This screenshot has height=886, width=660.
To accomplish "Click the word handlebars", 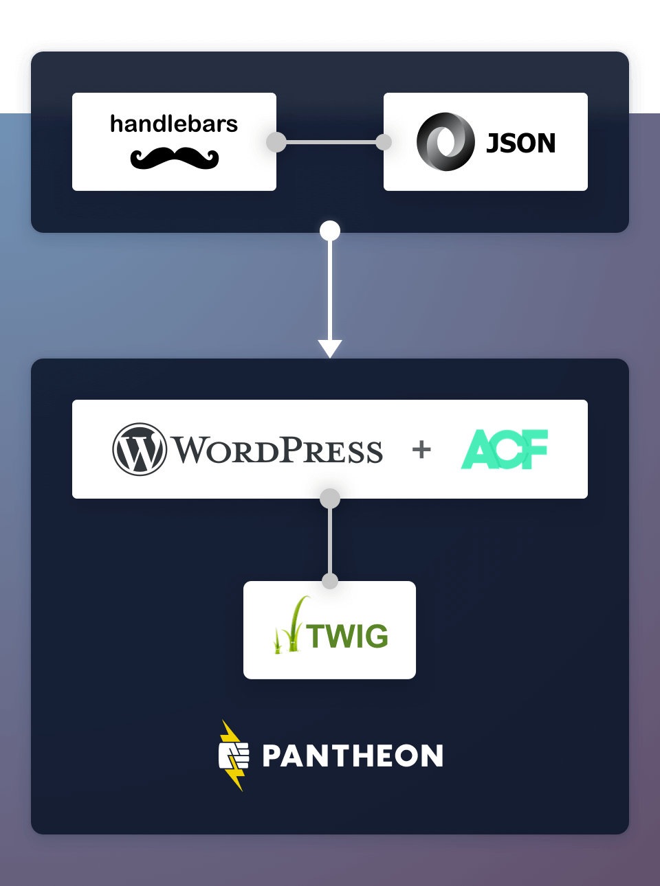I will (x=174, y=124).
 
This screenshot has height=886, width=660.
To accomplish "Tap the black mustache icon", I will (x=175, y=159).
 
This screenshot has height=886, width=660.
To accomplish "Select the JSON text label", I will (x=521, y=143).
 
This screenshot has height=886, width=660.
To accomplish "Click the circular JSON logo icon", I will (x=445, y=141).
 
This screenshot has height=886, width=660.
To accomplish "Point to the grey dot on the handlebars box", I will (x=276, y=142).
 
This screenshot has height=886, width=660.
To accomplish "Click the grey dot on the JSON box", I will (x=384, y=142).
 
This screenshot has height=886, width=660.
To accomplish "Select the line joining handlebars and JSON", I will (x=330, y=142).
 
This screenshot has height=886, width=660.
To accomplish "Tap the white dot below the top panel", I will (x=330, y=231).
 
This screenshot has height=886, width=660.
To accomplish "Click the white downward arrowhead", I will (x=330, y=348).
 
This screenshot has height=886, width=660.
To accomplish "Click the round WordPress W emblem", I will (x=140, y=449).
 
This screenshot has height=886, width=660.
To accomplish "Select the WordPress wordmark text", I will (x=276, y=451).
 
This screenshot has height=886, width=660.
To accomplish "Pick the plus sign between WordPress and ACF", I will (x=421, y=450).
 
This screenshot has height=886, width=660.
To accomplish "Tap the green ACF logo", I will (x=505, y=449).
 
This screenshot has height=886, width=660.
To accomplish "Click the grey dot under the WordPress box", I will (x=330, y=498).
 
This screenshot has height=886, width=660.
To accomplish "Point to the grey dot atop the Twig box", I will (x=330, y=581).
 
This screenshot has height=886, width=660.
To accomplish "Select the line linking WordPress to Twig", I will (x=330, y=540).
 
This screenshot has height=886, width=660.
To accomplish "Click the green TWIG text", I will (x=348, y=637).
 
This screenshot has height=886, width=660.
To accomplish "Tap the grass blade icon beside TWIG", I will (x=290, y=626).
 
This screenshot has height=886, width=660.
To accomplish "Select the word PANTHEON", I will (x=353, y=756).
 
